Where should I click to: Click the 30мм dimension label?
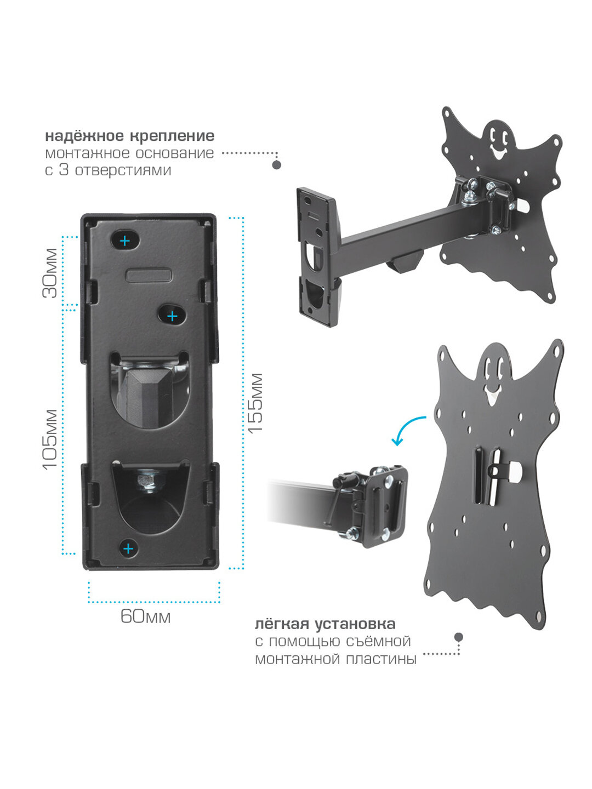[49, 273]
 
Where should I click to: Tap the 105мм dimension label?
[49, 439]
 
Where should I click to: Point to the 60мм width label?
[145, 616]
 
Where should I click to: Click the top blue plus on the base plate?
[125, 241]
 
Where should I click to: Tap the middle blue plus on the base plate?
[173, 316]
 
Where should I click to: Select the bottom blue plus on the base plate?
[128, 548]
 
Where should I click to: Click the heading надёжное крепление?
[130, 136]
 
